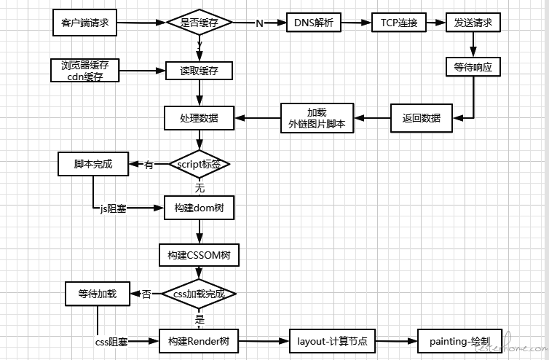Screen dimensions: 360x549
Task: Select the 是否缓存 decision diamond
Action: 200,23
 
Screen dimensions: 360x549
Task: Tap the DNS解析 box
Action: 314,23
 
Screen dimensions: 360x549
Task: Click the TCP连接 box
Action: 399,23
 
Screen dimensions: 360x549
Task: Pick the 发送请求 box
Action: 473,23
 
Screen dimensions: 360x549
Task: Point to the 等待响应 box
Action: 473,66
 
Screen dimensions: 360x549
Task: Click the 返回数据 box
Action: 421,117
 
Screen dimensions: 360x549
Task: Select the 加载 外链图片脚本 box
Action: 317,118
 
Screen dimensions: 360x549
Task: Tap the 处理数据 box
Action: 200,117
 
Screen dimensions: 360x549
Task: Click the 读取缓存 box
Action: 200,71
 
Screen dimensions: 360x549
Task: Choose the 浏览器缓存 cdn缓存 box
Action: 85,71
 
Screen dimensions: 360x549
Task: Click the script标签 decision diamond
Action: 200,164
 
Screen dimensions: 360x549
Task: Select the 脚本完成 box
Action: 93,164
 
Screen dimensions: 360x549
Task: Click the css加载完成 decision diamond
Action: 200,294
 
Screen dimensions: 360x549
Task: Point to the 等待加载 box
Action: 97,294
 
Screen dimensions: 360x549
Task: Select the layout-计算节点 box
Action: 332,340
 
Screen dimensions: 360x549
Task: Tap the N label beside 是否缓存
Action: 260,23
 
